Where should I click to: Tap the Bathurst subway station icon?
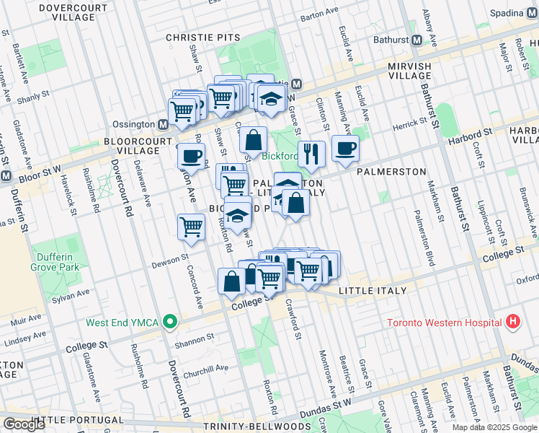416,41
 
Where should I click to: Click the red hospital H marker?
513,322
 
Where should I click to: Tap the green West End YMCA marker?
169,322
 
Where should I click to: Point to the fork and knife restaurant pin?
311,153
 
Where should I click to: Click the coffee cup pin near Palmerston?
345,148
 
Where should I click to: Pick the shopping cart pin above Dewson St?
191,226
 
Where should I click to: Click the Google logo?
24,424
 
